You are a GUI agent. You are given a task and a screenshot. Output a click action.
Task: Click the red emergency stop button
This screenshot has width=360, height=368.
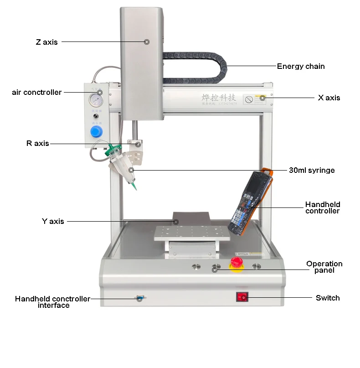coord(237,263)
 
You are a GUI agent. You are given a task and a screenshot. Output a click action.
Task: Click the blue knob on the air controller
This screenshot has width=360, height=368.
coord(96,132)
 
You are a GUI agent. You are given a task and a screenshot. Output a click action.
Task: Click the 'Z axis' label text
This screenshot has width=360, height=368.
coord(47,42)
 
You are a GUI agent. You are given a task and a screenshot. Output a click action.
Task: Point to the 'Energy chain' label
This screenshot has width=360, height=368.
coord(301,66)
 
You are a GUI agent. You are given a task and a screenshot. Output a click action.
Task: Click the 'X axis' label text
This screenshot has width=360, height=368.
coord(329,98)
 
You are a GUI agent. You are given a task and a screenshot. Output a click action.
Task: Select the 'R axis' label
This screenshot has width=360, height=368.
coord(37,143)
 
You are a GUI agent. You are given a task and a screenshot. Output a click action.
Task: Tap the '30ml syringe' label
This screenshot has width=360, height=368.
coord(312,170)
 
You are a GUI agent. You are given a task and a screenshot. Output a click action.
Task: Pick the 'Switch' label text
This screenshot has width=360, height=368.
coord(328,298)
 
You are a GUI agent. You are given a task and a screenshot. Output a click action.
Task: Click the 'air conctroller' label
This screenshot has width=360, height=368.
coord(36,92)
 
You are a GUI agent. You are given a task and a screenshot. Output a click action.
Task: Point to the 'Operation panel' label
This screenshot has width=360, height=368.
coord(324,267)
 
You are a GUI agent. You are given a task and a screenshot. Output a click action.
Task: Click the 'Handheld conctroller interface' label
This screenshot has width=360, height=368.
coord(53,302)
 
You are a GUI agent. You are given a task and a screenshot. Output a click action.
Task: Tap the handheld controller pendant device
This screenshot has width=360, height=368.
coord(249,203)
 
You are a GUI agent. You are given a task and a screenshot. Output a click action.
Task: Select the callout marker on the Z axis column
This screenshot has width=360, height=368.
coord(147,41)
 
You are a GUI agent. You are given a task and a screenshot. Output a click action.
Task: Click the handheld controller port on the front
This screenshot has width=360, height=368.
coord(140,299)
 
